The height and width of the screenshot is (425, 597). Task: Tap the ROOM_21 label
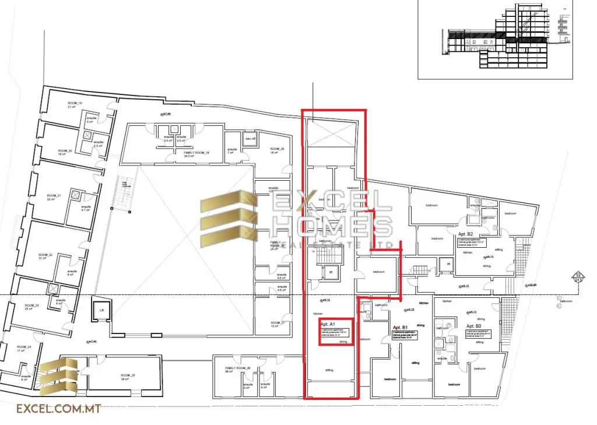[x=54, y=195]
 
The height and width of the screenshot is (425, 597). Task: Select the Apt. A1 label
[x=328, y=324]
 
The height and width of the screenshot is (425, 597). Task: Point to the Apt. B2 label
[x=468, y=233]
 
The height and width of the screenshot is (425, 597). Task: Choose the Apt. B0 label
[x=473, y=326]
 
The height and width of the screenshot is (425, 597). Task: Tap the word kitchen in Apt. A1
[x=317, y=314]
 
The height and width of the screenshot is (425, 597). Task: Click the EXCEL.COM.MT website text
[x=58, y=409]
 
